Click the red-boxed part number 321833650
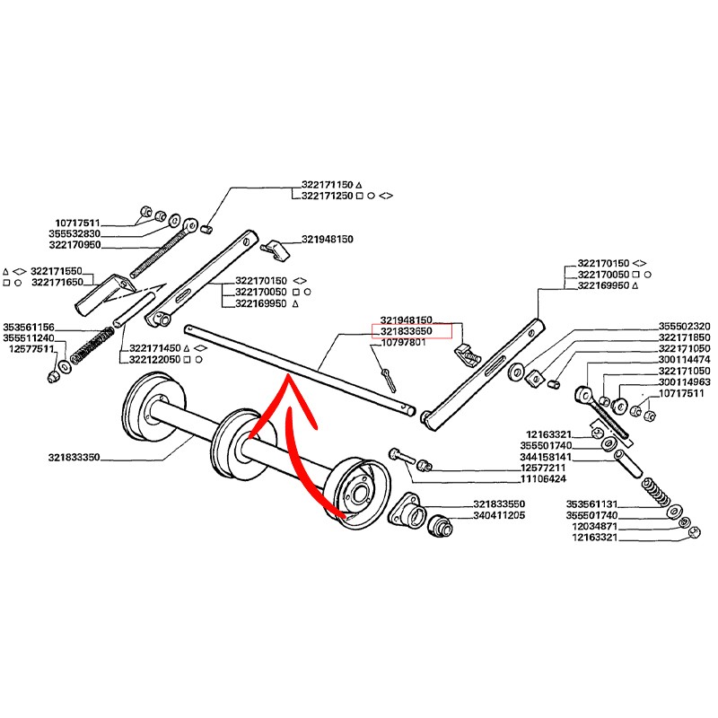click(407, 331)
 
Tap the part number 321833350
click(74, 458)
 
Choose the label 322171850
click(685, 337)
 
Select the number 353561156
click(29, 327)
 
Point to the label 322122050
click(155, 359)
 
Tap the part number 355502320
click(685, 326)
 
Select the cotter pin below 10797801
click(388, 377)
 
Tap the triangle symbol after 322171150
click(358, 184)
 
